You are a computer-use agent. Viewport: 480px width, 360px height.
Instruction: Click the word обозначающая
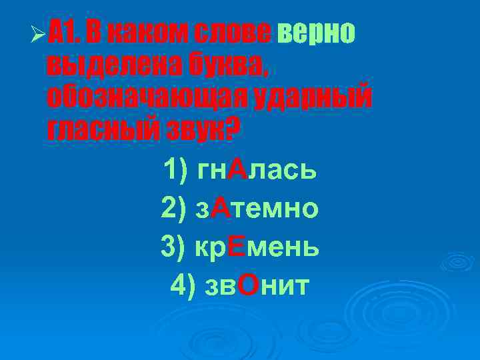coord(147,98)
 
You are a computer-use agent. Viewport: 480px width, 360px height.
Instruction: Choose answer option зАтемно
coord(257,209)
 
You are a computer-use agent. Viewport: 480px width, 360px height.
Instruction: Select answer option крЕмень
coord(257,247)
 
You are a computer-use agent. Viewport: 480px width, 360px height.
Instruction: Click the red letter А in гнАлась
coord(237,171)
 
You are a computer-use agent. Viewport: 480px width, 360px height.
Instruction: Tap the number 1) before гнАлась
coord(176,171)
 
